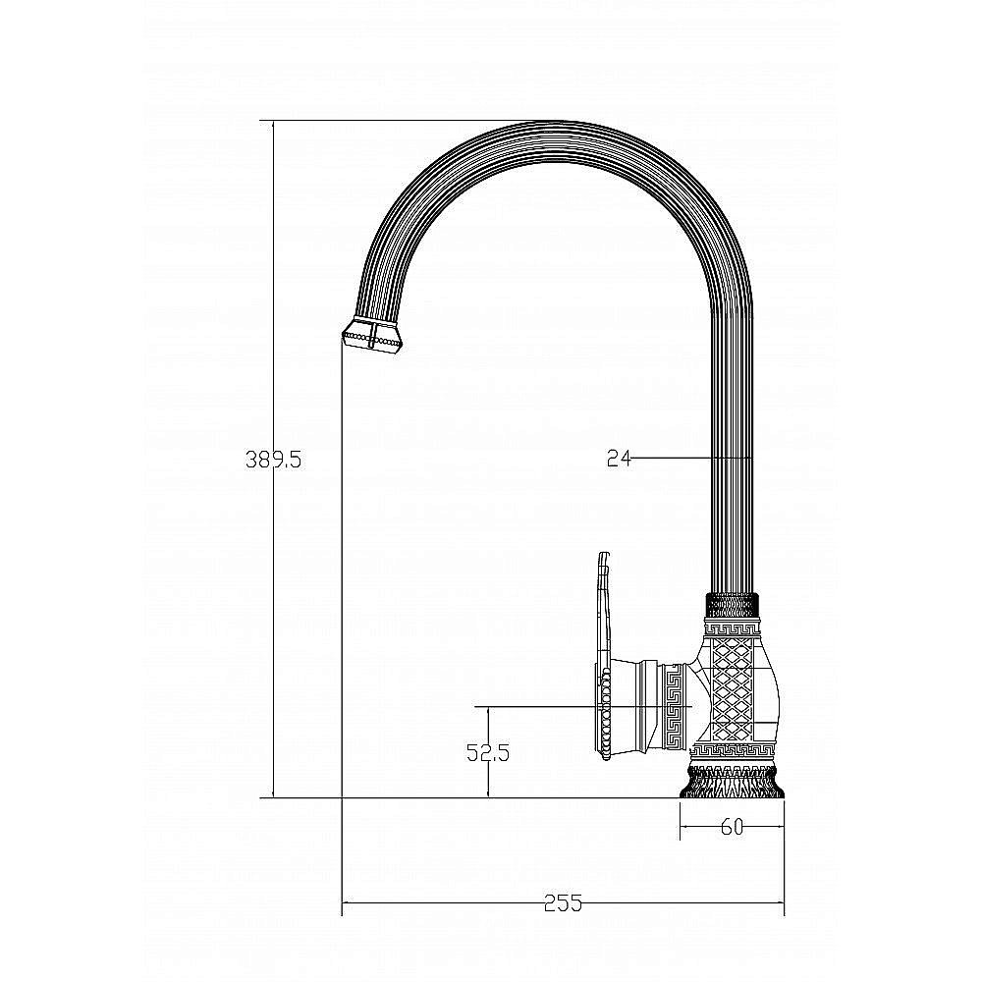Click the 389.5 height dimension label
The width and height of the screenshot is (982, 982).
click(273, 461)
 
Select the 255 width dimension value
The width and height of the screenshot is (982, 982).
click(563, 903)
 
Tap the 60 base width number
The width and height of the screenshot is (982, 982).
click(732, 827)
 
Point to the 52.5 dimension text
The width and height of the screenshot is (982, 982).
click(488, 753)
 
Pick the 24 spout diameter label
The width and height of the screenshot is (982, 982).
click(619, 459)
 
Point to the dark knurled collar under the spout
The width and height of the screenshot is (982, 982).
click(733, 605)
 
